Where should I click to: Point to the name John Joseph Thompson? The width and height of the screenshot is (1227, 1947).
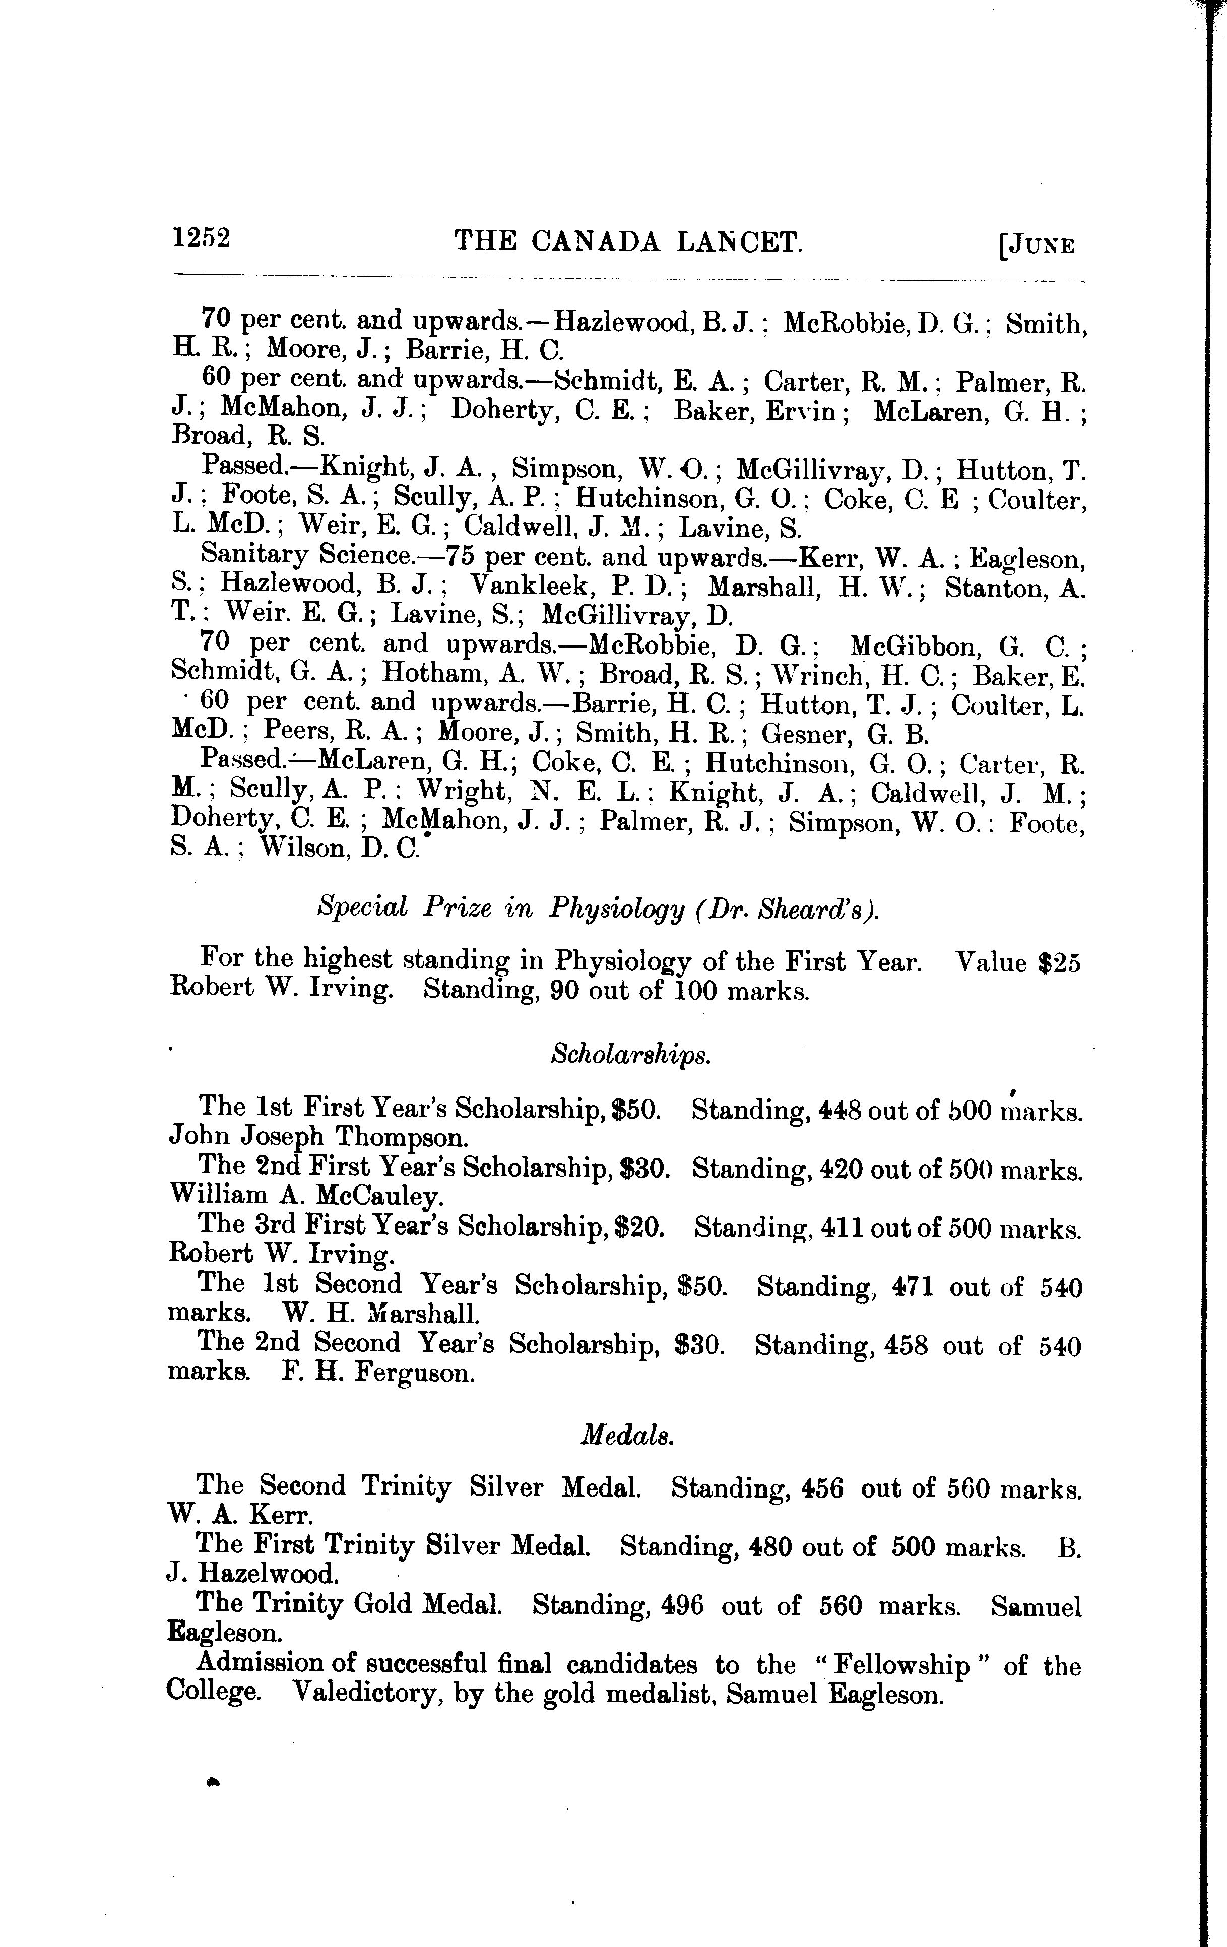[x=318, y=1138]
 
